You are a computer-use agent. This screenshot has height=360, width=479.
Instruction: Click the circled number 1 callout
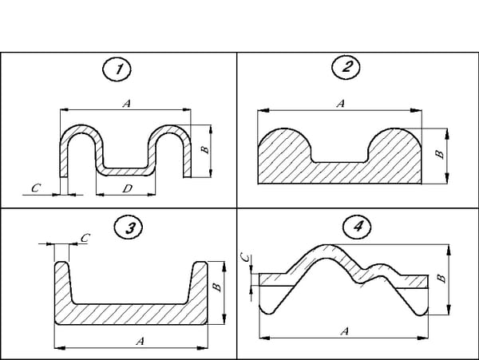[x=120, y=69]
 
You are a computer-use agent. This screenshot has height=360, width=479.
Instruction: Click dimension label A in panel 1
[x=126, y=103]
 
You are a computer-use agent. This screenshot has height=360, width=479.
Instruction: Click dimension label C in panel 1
[x=34, y=188]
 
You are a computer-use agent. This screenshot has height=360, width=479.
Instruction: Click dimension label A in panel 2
[x=341, y=104]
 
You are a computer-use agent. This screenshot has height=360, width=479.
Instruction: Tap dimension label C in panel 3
[x=85, y=237]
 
